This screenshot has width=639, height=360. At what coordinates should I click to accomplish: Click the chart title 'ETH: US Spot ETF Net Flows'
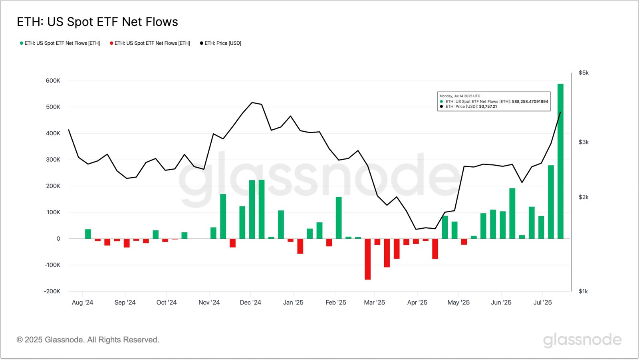97,22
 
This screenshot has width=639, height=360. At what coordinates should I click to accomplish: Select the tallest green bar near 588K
560,161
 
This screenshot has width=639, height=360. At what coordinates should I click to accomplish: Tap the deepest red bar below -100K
367,259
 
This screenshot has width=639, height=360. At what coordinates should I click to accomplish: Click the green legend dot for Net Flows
22,43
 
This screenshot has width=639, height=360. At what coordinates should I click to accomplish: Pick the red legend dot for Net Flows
111,43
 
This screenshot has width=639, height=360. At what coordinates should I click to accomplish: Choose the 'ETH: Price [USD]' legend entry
222,43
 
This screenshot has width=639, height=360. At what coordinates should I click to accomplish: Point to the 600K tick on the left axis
53,81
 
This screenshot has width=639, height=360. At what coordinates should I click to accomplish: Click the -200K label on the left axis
52,291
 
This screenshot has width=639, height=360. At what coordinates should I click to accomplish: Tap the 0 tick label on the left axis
58,239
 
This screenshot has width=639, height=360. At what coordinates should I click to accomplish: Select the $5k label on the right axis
583,73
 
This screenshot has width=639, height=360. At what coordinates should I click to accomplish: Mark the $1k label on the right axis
583,291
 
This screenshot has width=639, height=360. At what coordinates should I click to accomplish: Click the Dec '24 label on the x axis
250,303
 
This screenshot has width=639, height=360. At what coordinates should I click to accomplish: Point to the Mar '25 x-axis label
374,303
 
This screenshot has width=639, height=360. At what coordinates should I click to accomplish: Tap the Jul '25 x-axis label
542,303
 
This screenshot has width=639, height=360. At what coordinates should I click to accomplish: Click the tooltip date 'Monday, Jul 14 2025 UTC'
460,96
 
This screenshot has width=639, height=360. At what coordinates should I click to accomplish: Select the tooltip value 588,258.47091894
530,101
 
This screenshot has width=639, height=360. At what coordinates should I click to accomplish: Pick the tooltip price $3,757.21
488,107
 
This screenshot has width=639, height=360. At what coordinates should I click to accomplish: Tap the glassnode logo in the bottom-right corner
582,340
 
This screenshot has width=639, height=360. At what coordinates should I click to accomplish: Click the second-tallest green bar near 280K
551,202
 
